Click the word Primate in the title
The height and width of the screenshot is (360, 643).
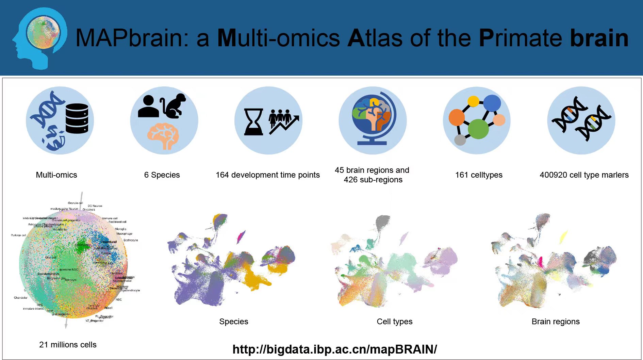520,38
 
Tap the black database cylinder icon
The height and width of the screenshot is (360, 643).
77,118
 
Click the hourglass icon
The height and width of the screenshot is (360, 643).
254,122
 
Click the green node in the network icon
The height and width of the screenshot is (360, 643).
478,129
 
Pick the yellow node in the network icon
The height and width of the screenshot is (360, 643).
473,101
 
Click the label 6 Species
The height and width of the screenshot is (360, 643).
162,175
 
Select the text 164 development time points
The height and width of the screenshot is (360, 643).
268,175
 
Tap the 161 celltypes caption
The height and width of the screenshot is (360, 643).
479,175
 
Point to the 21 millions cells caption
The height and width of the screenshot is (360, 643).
68,345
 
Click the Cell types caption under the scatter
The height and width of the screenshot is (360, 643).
394,322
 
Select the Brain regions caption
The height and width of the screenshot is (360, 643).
556,322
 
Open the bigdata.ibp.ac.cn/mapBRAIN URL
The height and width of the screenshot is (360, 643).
335,349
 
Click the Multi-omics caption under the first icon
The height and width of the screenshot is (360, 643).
56,175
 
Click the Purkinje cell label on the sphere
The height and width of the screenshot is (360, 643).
18,235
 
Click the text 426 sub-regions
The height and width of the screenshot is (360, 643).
373,180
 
